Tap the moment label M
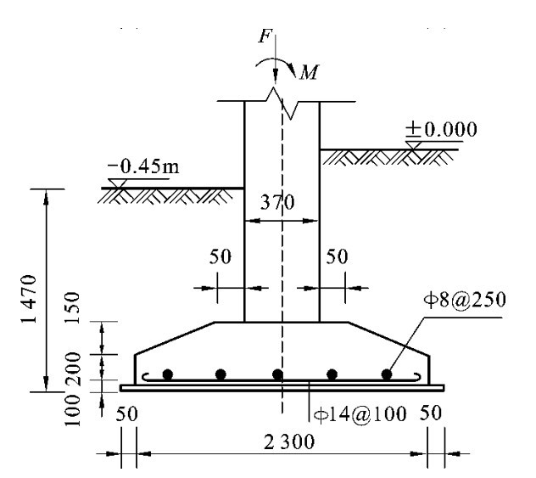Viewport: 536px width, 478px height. [310, 72]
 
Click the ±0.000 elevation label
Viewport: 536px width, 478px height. [441, 129]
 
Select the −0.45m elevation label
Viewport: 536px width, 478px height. [143, 166]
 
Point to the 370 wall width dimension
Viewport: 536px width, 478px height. [276, 202]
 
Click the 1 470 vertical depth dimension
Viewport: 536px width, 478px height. [29, 300]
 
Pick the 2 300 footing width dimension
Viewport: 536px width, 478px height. [289, 441]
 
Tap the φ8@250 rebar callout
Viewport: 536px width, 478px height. [465, 300]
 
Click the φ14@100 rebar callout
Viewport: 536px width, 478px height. [360, 414]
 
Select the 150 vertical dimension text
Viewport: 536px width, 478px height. [72, 307]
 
